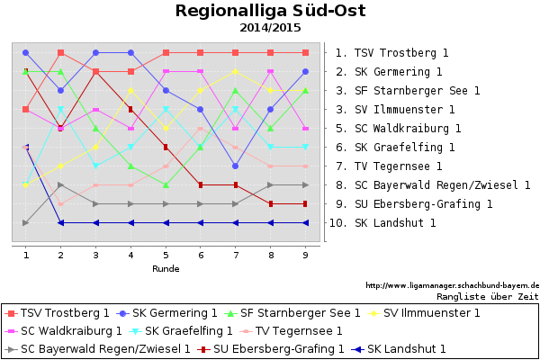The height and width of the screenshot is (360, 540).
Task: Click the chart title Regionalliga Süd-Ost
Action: click(x=270, y=12)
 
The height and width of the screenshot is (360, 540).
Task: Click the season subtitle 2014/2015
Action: click(x=270, y=28)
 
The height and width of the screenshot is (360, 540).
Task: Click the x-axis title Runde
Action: click(x=166, y=268)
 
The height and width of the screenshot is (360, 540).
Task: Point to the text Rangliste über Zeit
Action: click(x=487, y=295)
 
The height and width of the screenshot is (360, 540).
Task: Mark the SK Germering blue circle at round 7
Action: click(x=236, y=166)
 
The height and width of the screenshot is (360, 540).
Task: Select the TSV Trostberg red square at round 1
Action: click(x=26, y=110)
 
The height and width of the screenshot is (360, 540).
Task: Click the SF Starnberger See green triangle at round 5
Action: click(x=166, y=184)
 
